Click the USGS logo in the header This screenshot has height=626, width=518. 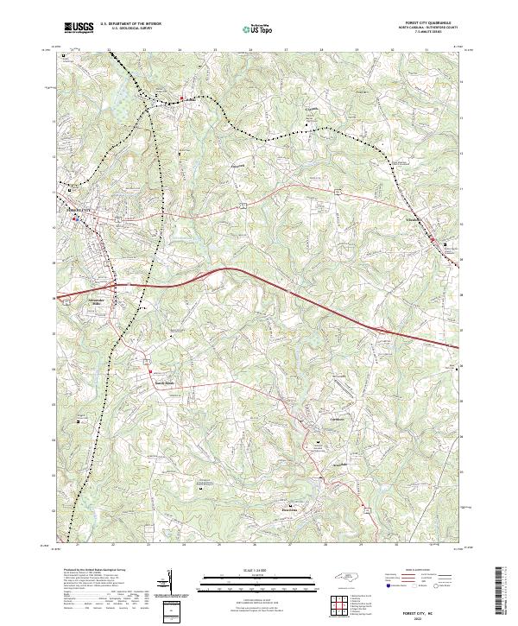pos(78,28)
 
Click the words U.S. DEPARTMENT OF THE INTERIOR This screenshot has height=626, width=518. pos(130,24)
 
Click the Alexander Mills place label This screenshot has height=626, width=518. pos(98,301)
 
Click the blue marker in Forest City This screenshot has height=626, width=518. pos(75,219)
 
